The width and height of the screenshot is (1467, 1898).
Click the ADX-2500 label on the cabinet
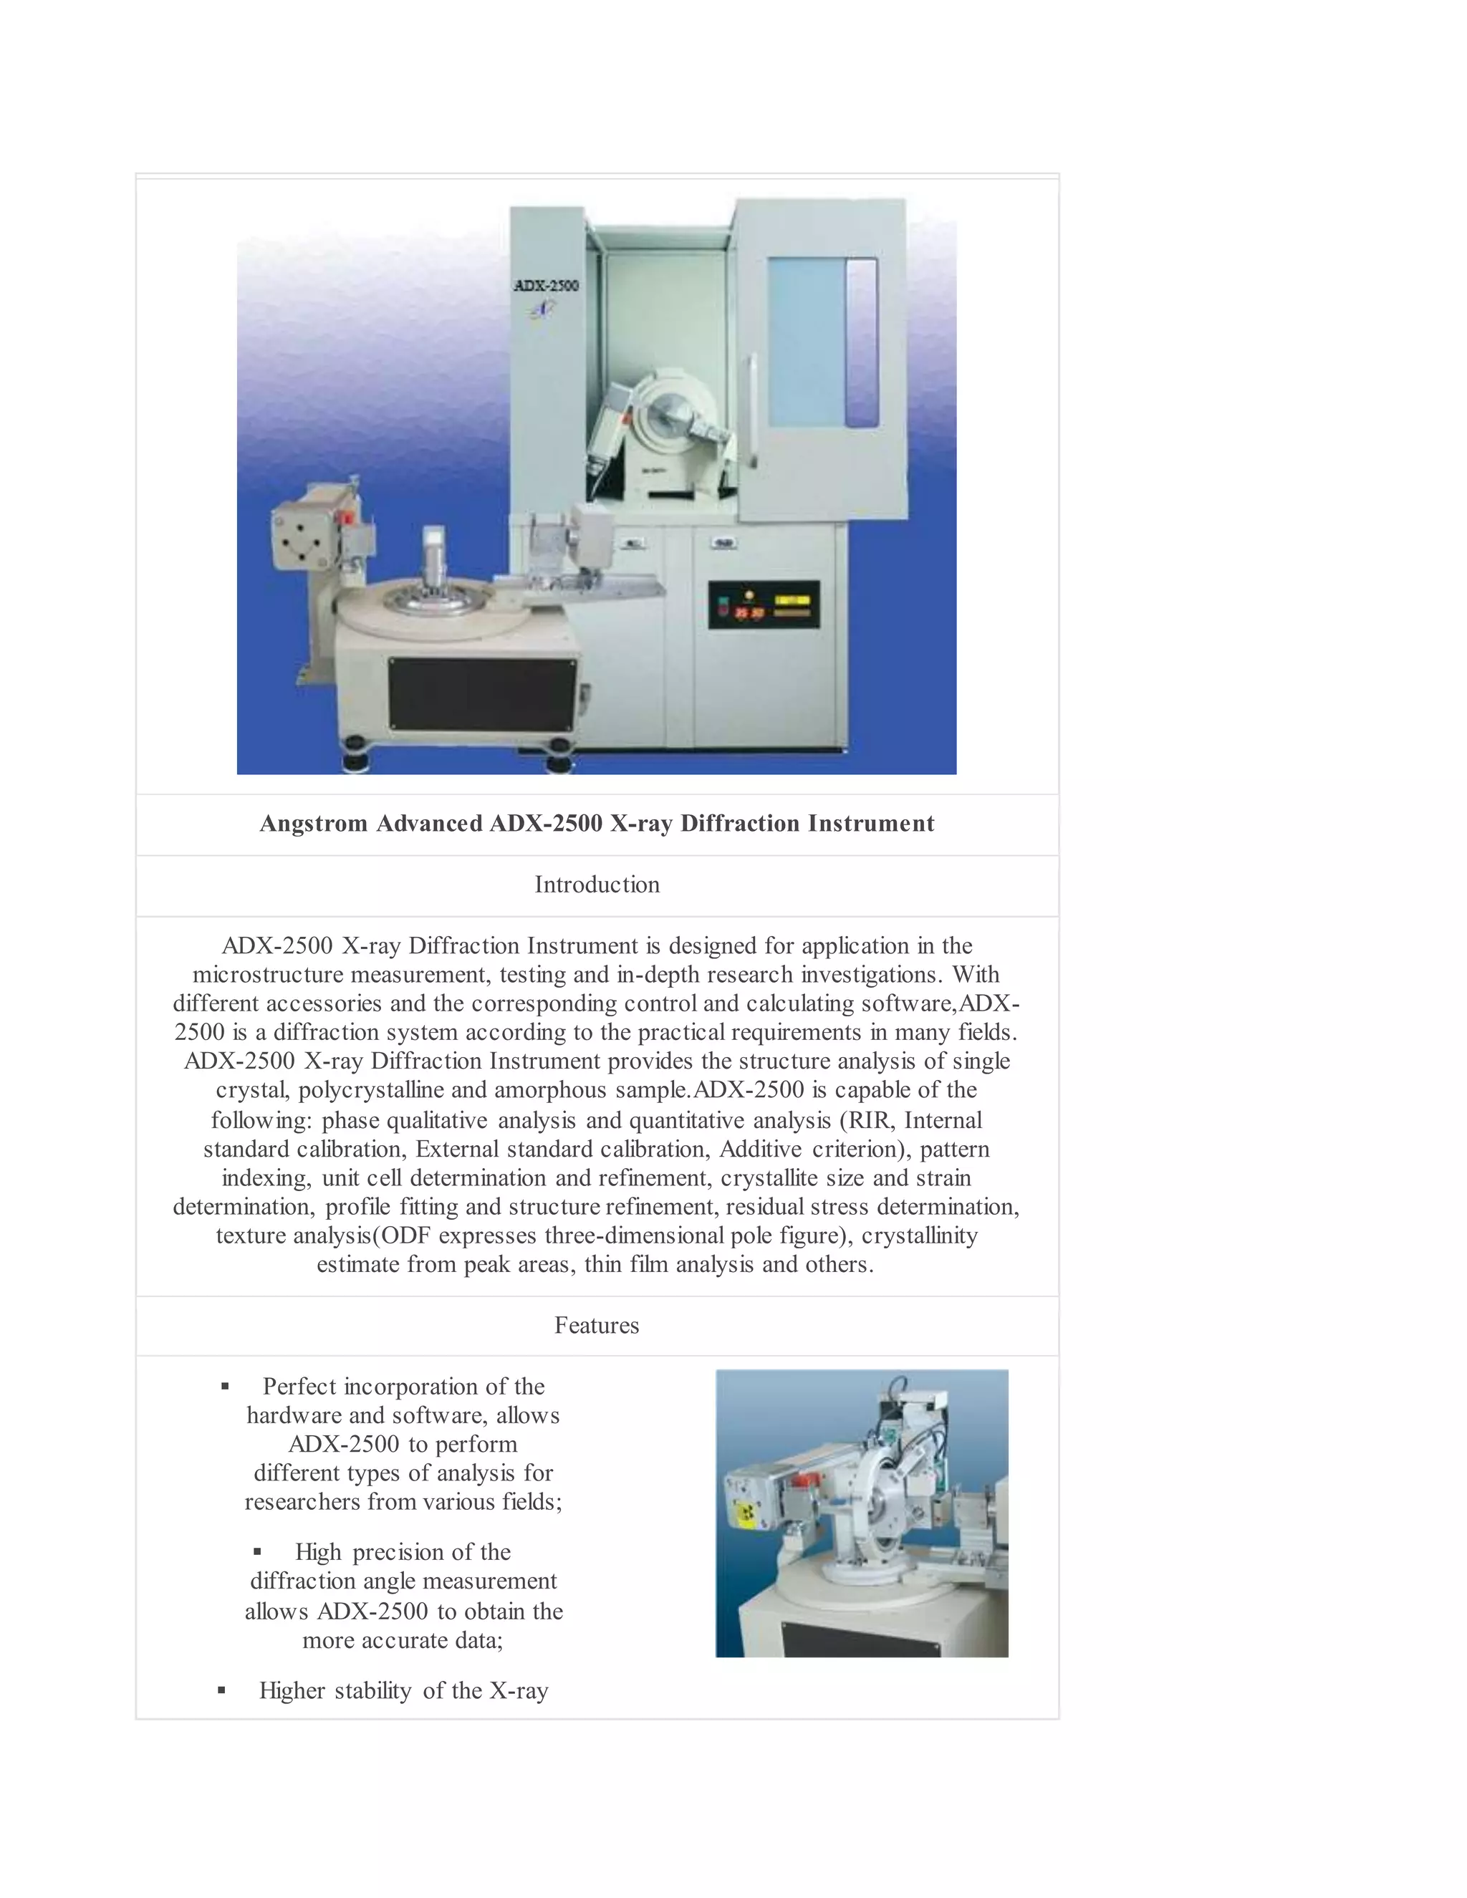pos(546,286)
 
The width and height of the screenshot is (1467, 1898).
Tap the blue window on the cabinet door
pos(822,342)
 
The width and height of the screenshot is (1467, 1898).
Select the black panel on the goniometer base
pos(481,693)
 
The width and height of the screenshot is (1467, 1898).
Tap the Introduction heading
pos(597,885)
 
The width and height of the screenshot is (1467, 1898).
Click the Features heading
pos(597,1325)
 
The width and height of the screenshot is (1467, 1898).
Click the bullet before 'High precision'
pos(257,1552)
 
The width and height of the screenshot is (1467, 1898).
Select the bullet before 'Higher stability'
pos(221,1690)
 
